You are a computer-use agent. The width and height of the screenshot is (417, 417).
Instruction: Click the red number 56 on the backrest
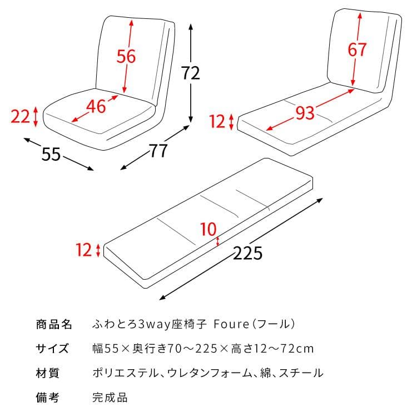tap(126, 56)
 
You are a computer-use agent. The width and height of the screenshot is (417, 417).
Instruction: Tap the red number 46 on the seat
tap(96, 106)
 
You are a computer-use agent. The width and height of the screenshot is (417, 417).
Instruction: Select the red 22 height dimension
tap(20, 116)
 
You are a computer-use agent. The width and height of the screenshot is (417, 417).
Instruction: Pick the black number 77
tap(158, 150)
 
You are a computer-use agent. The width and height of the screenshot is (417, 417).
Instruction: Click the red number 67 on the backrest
tap(358, 49)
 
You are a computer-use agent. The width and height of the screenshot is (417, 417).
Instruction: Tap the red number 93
tap(305, 113)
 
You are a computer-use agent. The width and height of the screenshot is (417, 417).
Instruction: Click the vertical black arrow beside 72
tap(191, 44)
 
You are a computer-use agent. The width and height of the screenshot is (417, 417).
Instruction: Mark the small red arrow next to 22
tap(36, 116)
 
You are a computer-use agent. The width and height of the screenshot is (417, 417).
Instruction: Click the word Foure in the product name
tap(229, 324)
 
